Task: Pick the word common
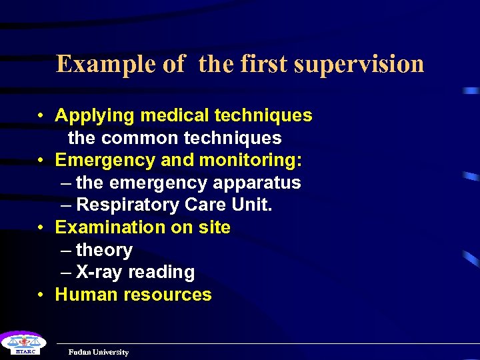click(x=137, y=138)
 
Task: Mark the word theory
click(x=104, y=251)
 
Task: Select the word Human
click(x=82, y=295)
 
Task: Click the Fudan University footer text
click(x=99, y=352)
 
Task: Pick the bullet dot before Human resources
click(x=41, y=295)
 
